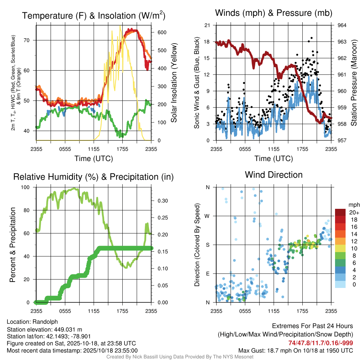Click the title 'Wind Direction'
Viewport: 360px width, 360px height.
coord(274,175)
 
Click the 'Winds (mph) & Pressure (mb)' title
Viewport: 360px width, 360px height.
coord(274,13)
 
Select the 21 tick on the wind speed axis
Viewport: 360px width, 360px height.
coord(207,25)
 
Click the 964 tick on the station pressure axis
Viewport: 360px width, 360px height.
coord(342,25)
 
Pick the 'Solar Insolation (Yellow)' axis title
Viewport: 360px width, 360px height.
coord(174,83)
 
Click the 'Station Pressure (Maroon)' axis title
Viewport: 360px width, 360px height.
coord(354,83)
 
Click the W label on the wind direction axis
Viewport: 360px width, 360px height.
coord(208,216)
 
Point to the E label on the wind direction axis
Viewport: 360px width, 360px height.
coord(208,274)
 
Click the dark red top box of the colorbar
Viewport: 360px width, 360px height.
coord(340,212)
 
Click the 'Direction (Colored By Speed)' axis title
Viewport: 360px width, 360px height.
coord(197,244)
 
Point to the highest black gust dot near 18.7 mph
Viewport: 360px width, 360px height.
coord(311,38)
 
